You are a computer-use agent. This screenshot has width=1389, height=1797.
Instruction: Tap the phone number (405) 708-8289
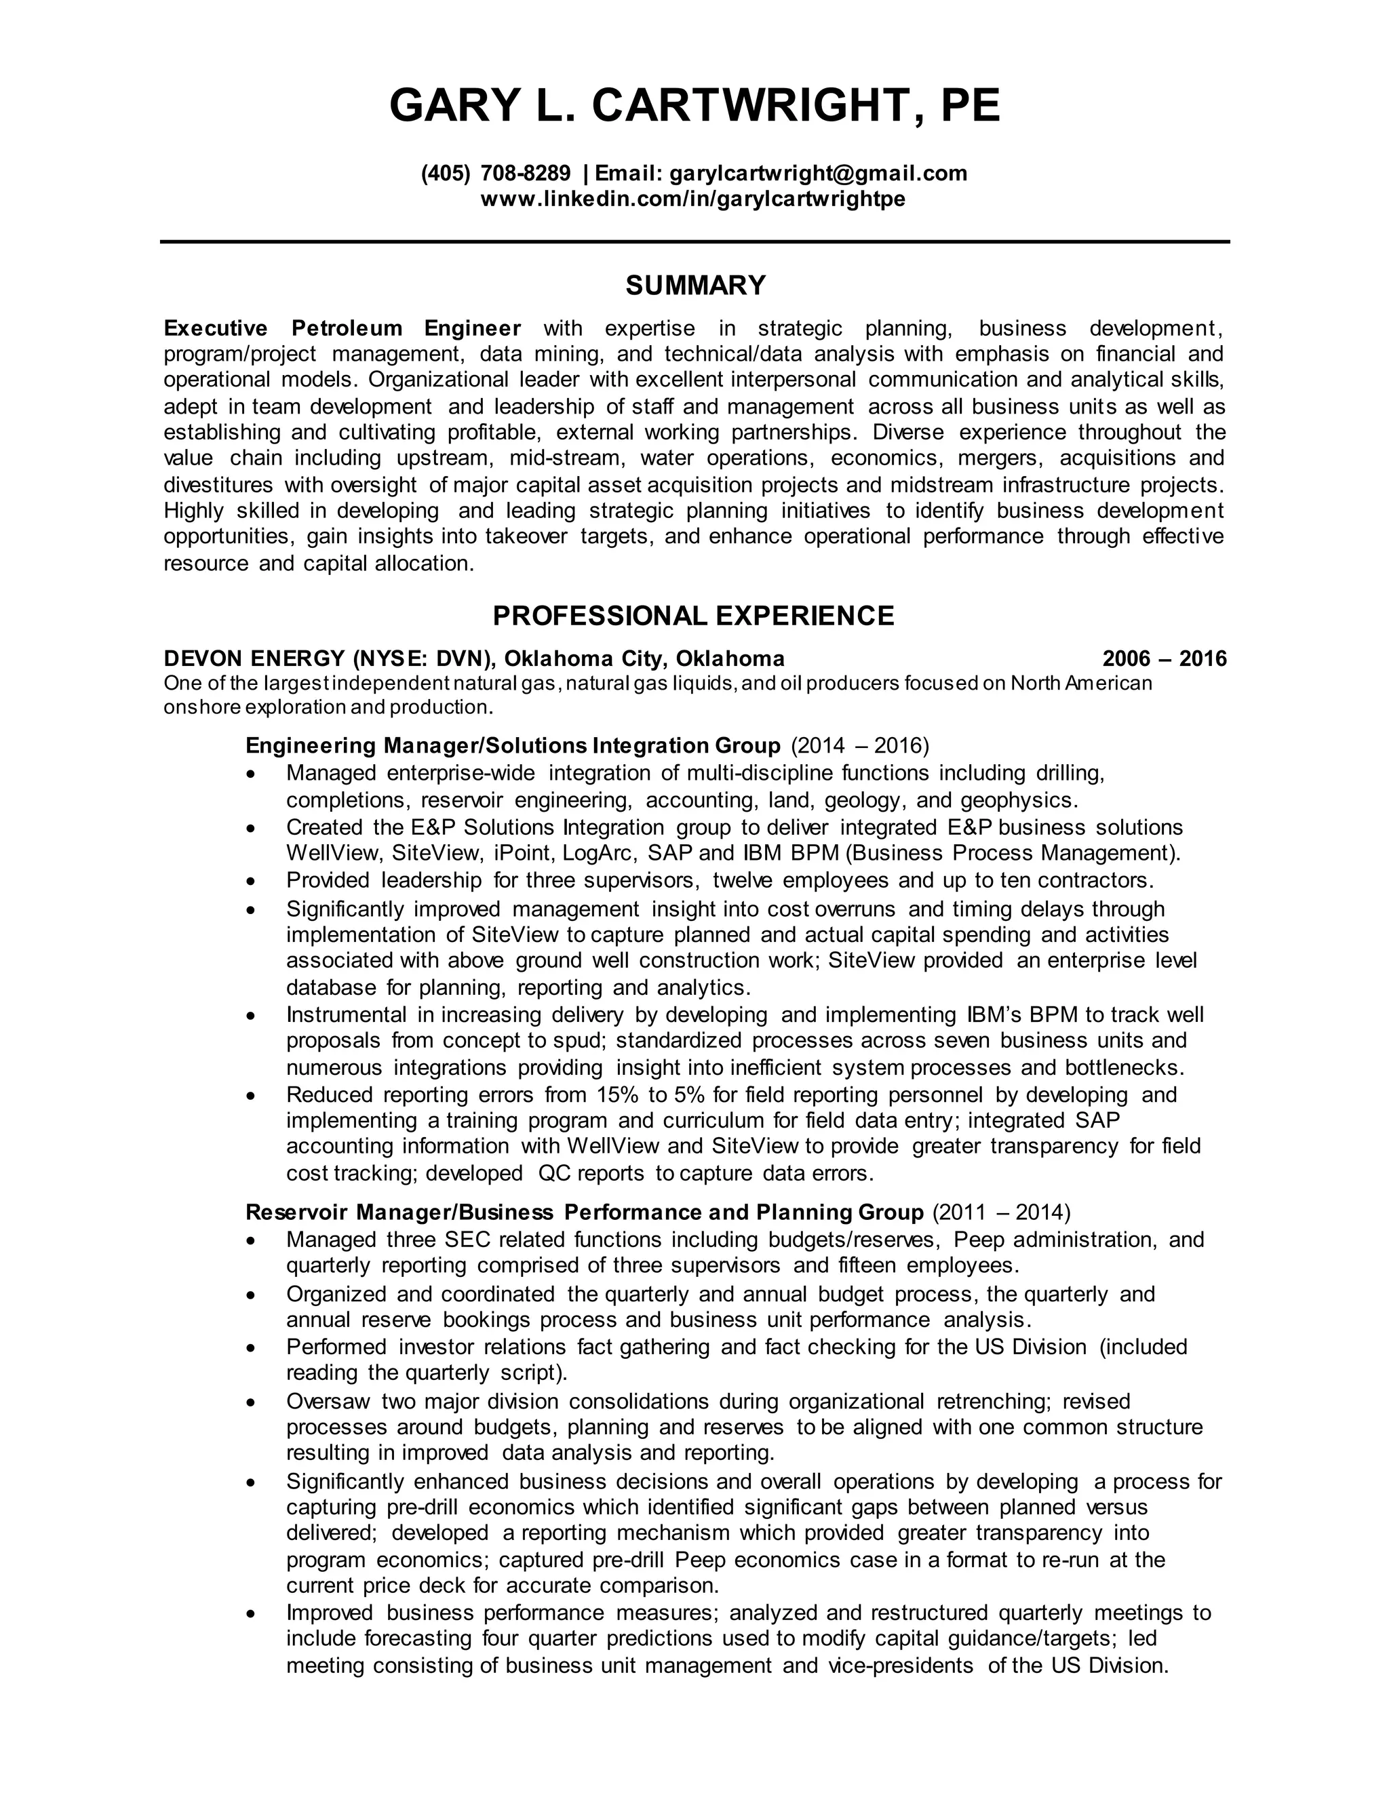pyautogui.click(x=495, y=173)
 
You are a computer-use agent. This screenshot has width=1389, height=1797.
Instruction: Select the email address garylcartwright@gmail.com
pyautogui.click(x=818, y=173)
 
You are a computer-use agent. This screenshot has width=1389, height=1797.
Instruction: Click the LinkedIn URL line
pyautogui.click(x=693, y=199)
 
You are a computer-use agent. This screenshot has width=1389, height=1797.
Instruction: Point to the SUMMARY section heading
pyautogui.click(x=694, y=285)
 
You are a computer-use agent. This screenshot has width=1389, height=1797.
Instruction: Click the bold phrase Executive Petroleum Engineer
pyautogui.click(x=343, y=328)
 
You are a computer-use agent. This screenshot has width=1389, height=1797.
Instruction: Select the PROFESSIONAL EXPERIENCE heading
pyautogui.click(x=693, y=616)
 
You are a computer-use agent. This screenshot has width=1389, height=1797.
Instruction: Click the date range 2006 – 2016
pyautogui.click(x=1164, y=658)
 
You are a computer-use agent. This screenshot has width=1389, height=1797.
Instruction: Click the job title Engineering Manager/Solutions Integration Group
pyautogui.click(x=513, y=745)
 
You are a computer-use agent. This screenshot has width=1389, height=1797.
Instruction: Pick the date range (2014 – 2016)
pyautogui.click(x=859, y=745)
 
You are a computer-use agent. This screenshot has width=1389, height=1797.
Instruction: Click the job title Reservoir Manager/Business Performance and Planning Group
pyautogui.click(x=584, y=1212)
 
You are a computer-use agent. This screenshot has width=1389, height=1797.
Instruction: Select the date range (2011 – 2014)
pyautogui.click(x=1000, y=1212)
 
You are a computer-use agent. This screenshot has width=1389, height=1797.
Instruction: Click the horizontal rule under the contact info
pyautogui.click(x=694, y=242)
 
